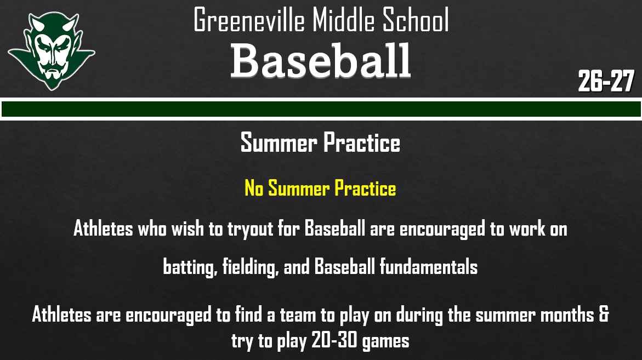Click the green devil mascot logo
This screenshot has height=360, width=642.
click(50, 51)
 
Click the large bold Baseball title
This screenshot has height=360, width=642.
click(320, 60)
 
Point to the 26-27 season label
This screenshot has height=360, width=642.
click(606, 82)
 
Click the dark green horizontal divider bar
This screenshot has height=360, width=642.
click(321, 109)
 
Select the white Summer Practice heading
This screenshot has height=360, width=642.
click(320, 143)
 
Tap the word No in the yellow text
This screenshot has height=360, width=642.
click(254, 188)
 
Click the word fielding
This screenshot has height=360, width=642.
click(250, 267)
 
